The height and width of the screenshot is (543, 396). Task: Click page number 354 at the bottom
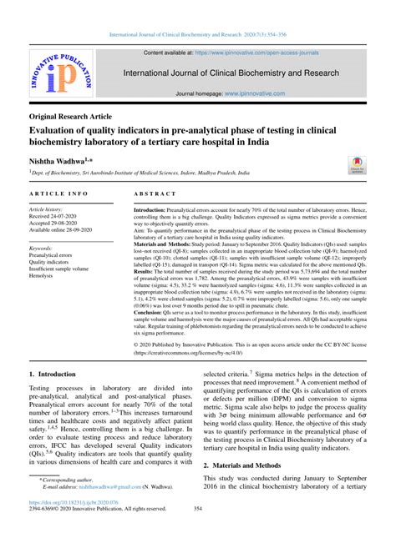coord(198,531)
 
